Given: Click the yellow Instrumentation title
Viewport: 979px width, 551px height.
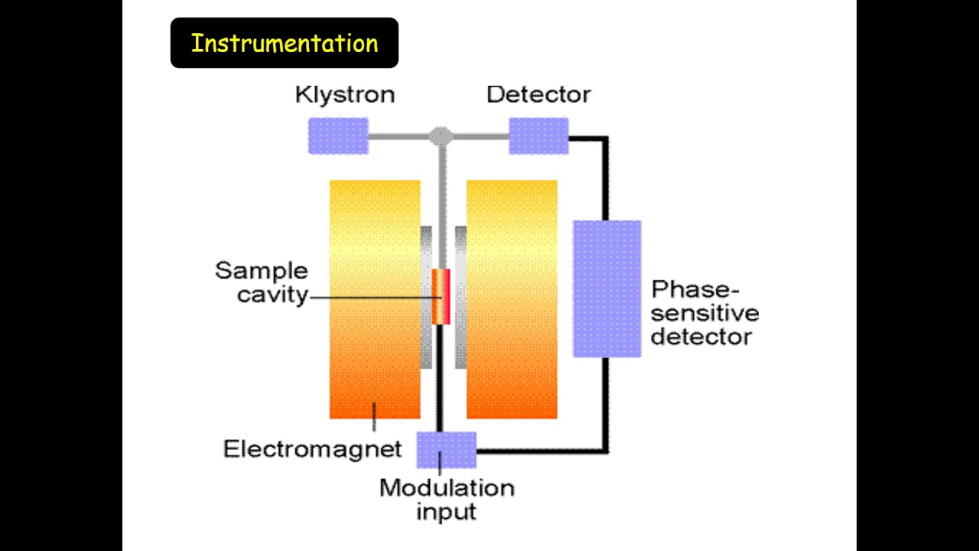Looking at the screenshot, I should coord(284,43).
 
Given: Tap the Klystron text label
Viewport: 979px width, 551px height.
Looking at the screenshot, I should coord(345,95).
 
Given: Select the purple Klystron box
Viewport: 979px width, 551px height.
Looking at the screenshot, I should coord(338,136).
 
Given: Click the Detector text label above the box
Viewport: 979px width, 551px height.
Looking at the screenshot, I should coord(538,95).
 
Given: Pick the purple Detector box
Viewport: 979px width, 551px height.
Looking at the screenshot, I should coord(538,136).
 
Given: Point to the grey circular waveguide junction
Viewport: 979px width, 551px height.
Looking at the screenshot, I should coord(440,136).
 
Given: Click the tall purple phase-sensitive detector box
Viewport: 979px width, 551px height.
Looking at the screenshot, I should coord(607,289).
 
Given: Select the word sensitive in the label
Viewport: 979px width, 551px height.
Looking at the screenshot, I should coord(704,313).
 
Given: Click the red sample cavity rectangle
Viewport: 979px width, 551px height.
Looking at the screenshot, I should coord(441,297).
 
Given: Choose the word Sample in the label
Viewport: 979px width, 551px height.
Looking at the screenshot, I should coord(261,271).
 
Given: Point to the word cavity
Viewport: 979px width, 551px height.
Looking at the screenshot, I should coord(272,295).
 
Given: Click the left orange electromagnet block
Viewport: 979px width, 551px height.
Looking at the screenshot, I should coord(375,299).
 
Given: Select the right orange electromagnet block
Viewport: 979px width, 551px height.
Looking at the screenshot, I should coord(512,299).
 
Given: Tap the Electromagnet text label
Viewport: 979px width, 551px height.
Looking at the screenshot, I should coord(312,448).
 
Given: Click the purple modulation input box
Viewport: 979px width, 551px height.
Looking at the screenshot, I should coord(446,449).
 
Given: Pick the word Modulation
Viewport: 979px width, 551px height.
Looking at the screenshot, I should coord(447,487).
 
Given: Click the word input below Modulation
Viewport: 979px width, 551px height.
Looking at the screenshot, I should coord(446,510).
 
